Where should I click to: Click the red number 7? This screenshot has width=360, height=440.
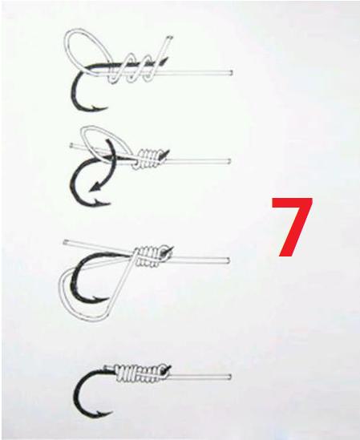292,227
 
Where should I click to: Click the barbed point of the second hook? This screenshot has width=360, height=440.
98,201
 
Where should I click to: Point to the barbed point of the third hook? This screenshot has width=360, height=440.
97,298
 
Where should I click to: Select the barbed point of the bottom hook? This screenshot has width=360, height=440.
99,413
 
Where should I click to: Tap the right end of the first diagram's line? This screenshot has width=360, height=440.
231,72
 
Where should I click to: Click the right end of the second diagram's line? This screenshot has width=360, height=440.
229,161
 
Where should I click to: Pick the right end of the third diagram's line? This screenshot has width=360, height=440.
228,260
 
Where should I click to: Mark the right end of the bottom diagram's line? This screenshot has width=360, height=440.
229,377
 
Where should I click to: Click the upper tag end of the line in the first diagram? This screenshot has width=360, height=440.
169,38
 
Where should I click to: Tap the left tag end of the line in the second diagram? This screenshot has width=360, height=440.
71,145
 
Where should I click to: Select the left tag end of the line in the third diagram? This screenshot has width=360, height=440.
66,242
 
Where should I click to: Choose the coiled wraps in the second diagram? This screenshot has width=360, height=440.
149,159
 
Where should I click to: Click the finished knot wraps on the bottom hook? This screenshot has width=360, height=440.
140,374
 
